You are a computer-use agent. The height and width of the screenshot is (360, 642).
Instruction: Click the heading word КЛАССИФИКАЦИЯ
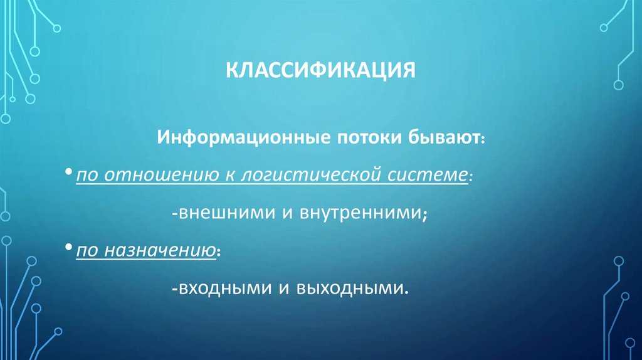point(321,68)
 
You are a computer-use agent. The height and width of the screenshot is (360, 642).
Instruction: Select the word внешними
point(224,213)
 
